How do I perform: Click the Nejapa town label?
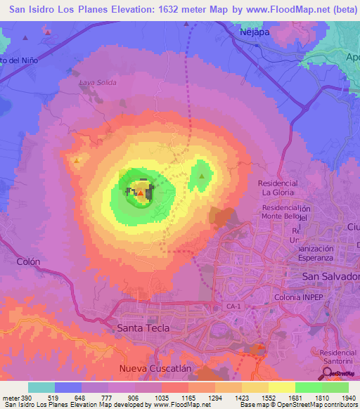click(254, 32)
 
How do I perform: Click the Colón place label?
click(28, 261)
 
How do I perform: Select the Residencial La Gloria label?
click(280, 188)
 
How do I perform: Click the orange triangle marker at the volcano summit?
click(141, 193)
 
